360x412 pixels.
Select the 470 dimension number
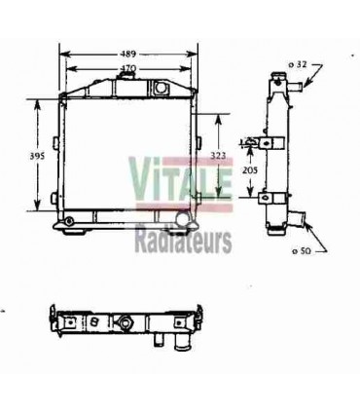(x=126, y=68)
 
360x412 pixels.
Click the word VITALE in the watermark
(x=178, y=178)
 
